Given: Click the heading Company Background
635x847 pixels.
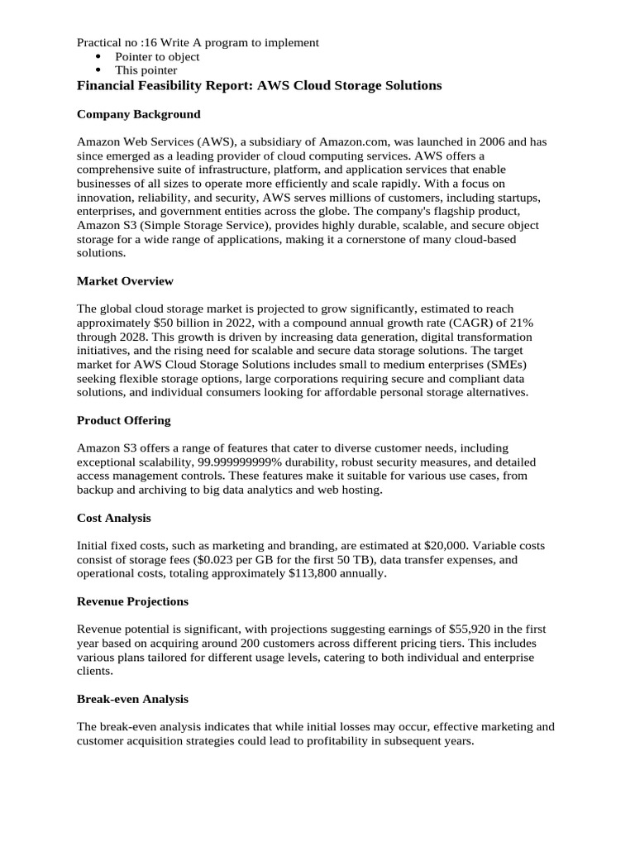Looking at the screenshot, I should [138, 114].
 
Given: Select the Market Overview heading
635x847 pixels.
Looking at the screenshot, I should [125, 281].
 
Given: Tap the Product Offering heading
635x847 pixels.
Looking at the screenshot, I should [123, 420].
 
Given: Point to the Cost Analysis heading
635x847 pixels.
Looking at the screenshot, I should [113, 518].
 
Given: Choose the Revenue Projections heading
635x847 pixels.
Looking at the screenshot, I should [132, 601].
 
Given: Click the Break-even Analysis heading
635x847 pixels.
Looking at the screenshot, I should [132, 699].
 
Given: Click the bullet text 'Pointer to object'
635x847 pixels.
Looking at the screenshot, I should [157, 56].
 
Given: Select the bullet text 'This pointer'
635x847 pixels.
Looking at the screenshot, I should [146, 70].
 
